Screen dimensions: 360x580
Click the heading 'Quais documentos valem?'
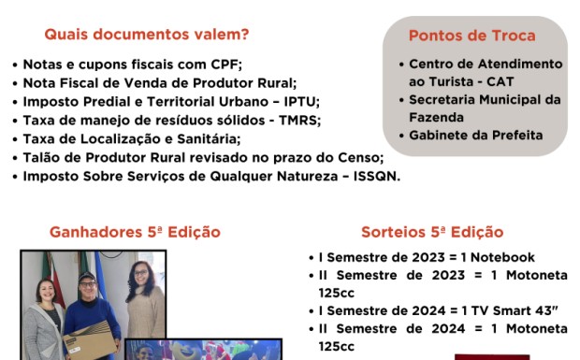point(147,36)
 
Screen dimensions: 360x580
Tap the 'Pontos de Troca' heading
point(472,36)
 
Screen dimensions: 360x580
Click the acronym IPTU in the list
point(299,102)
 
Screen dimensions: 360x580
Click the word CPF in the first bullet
point(226,65)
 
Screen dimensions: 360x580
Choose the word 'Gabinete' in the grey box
point(438,135)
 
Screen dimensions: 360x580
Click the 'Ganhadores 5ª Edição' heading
point(135,232)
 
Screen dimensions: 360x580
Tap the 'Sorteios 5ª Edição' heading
point(432,232)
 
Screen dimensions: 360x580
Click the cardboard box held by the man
point(91,338)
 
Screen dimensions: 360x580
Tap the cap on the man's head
point(87,277)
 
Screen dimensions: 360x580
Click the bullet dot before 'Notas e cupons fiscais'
point(14,65)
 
